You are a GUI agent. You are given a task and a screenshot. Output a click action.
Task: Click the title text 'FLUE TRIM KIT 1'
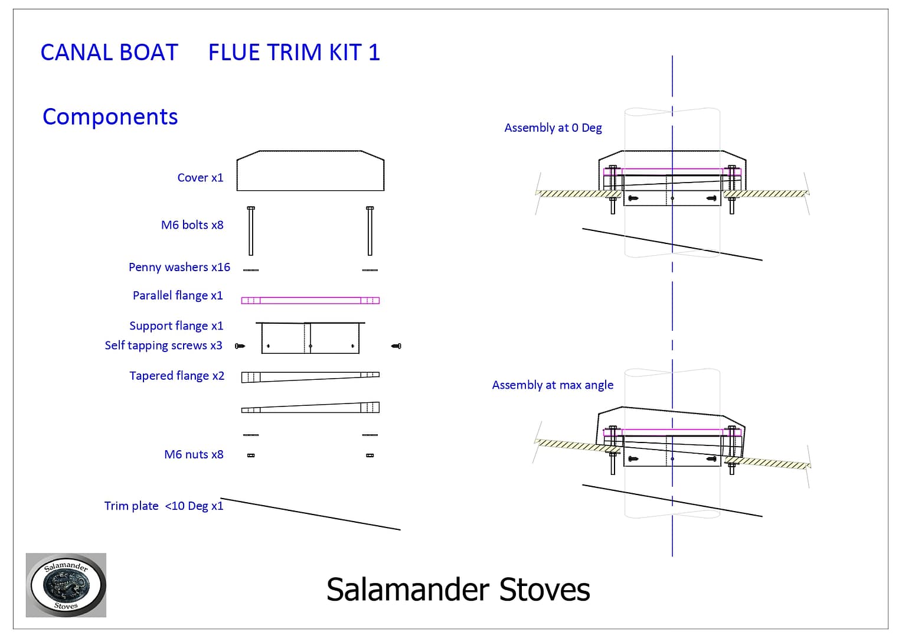click(293, 53)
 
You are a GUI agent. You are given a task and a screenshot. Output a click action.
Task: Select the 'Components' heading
click(110, 117)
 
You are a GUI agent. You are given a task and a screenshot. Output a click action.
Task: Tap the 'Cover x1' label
click(200, 178)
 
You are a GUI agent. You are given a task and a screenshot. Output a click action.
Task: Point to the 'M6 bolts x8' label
click(192, 225)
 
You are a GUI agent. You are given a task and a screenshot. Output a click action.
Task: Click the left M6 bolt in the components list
click(251, 231)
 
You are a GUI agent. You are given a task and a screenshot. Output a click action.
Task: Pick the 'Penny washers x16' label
click(179, 267)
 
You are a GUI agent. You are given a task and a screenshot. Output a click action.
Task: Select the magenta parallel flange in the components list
click(310, 300)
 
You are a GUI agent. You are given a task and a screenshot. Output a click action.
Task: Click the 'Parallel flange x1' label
click(177, 295)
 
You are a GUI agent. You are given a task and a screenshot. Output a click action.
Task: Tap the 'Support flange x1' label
click(176, 325)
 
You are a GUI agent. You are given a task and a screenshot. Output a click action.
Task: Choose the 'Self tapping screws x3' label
click(163, 345)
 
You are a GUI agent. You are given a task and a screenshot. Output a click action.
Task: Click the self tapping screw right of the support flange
click(396, 346)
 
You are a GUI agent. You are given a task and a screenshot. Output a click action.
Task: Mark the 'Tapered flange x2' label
click(177, 376)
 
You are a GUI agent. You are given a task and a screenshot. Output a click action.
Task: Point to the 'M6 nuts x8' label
click(194, 454)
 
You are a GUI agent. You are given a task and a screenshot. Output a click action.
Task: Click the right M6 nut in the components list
click(370, 455)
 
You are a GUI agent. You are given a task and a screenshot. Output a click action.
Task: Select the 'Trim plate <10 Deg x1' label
click(164, 506)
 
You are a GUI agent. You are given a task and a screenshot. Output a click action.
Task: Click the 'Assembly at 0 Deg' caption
click(553, 128)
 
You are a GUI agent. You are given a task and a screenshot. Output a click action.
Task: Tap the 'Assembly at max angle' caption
click(553, 385)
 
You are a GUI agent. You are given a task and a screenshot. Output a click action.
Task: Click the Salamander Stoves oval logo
click(66, 585)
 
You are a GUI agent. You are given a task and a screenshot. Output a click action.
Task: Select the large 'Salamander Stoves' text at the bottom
click(458, 590)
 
